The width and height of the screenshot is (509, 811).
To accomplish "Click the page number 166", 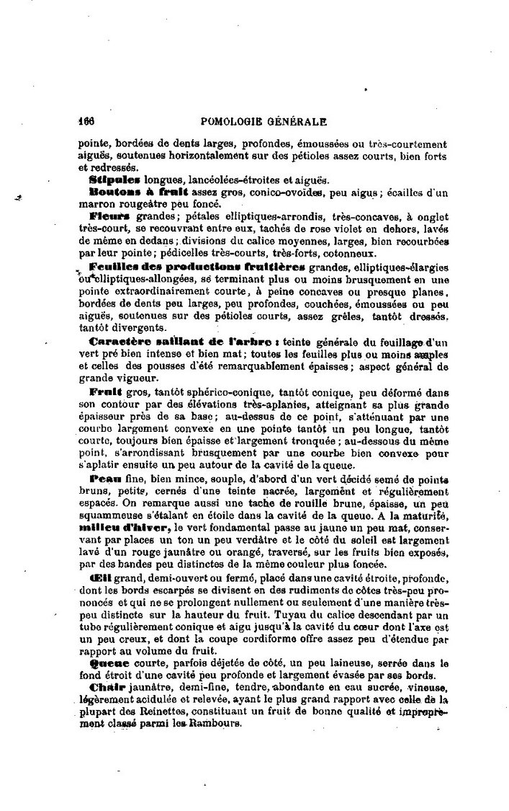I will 87,122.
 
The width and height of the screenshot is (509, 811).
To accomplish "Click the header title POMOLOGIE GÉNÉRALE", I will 266,122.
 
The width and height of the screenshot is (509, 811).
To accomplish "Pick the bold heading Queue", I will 109,662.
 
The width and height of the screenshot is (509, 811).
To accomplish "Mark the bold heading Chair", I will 107,687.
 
